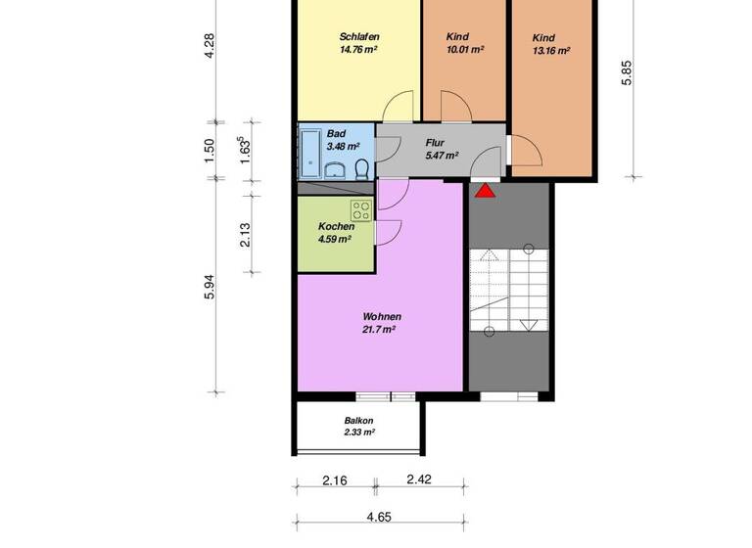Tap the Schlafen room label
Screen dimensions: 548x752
pyautogui.click(x=359, y=37)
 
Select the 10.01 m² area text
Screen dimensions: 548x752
pyautogui.click(x=463, y=49)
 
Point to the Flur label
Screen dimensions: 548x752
pyautogui.click(x=435, y=142)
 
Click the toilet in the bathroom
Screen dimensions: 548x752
pyautogui.click(x=362, y=168)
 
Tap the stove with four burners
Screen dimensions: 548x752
pyautogui.click(x=360, y=209)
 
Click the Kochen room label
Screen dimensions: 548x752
pyautogui.click(x=336, y=226)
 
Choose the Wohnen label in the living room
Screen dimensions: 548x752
pyautogui.click(x=382, y=317)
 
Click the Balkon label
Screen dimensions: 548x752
pyautogui.click(x=358, y=421)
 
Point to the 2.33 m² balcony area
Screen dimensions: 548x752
pyautogui.click(x=358, y=432)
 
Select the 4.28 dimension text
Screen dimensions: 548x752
pyautogui.click(x=209, y=46)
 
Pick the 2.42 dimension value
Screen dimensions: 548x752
pyautogui.click(x=419, y=480)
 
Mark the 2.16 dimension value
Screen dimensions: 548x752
pyautogui.click(x=336, y=480)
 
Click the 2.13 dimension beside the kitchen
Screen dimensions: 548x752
pyautogui.click(x=246, y=235)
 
